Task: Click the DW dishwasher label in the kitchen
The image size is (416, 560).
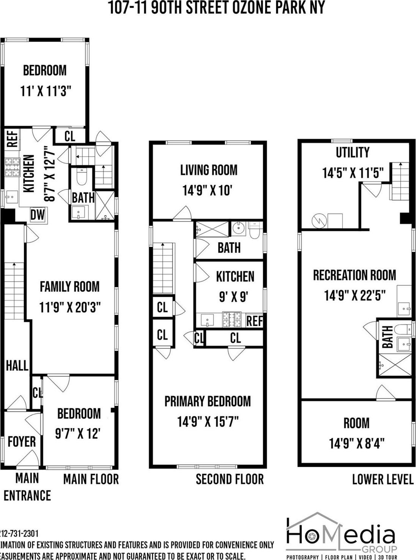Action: click(38, 215)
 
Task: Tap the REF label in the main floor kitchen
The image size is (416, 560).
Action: click(12, 139)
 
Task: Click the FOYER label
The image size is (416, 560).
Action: click(22, 442)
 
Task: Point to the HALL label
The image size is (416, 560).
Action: click(17, 365)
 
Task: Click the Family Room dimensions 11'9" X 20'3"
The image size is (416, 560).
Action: click(70, 307)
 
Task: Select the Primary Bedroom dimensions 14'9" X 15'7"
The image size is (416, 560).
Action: click(208, 421)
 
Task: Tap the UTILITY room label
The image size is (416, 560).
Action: click(352, 152)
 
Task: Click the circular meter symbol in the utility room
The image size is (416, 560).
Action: click(318, 221)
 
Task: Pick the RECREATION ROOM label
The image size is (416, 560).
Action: click(354, 275)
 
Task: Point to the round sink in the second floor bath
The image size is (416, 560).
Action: click(239, 229)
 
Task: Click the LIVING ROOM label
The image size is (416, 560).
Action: click(209, 170)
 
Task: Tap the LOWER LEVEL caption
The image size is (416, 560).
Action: click(382, 479)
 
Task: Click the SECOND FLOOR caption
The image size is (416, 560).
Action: click(229, 479)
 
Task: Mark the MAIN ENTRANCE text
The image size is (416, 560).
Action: click(27, 487)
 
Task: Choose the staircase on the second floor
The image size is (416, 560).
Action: click(163, 268)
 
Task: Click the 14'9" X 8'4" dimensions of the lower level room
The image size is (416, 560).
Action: click(356, 443)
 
